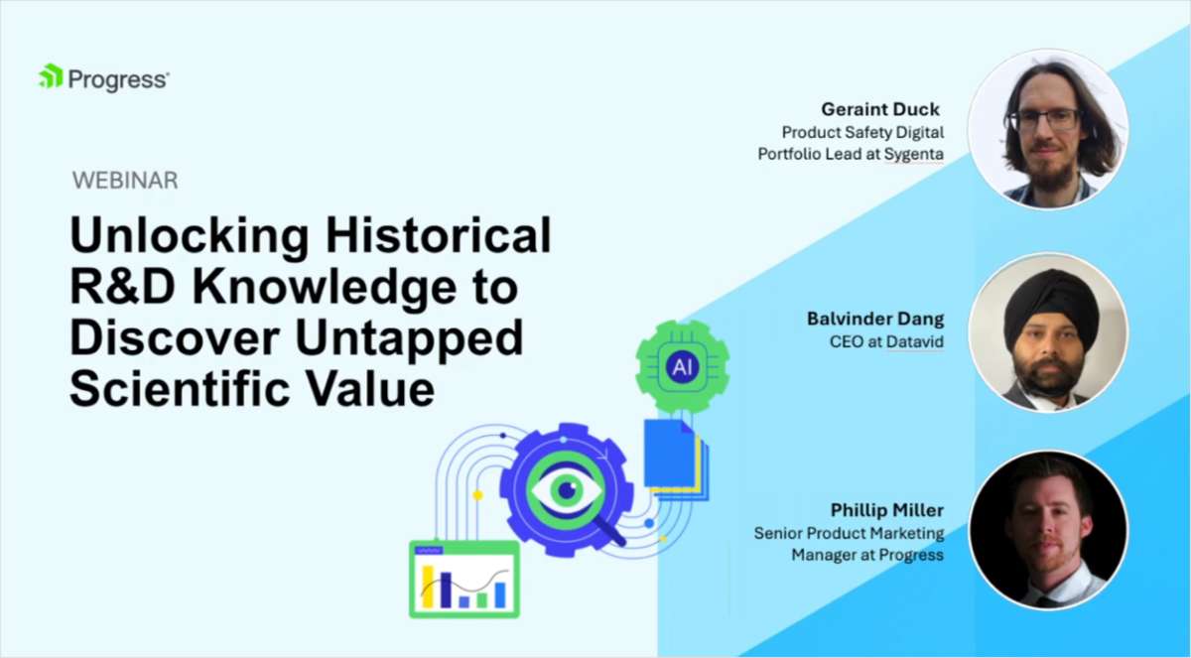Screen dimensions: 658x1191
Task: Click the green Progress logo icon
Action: coord(51,76)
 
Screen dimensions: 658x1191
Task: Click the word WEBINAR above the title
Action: coord(125,181)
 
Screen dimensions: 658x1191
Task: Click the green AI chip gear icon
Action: coord(682,367)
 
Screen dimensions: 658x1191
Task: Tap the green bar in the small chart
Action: coord(481,599)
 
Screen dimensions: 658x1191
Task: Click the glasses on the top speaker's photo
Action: coord(1043,119)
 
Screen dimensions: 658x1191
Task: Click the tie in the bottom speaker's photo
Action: coord(1045,600)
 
